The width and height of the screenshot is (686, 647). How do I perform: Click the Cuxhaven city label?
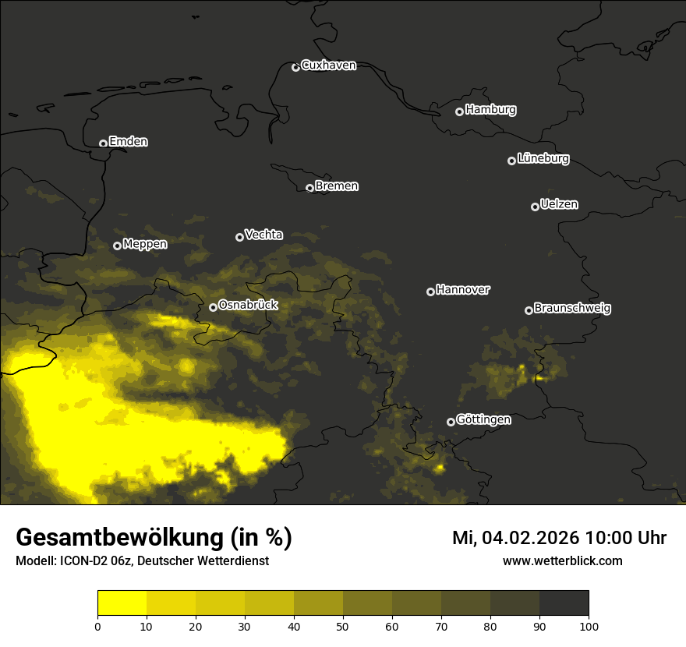point(328,65)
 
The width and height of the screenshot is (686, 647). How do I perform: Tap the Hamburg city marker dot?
point(459,111)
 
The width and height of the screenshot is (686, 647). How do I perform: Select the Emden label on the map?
point(128,142)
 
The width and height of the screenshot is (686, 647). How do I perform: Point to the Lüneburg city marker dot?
point(511,161)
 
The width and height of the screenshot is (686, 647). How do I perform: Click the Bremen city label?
point(337,186)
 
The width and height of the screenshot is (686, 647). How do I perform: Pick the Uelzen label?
point(559,204)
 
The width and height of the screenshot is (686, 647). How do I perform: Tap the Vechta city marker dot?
point(239,237)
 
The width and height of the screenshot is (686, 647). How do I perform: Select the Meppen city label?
point(145,244)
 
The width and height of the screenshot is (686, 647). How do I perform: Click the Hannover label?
point(463,290)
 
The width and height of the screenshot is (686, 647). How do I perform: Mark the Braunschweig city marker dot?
point(529,310)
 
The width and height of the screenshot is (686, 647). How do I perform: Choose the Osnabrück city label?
point(248,306)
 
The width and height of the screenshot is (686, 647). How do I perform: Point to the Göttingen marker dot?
point(451,422)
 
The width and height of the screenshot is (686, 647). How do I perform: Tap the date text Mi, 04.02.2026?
point(512,538)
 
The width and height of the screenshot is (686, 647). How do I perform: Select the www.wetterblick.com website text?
point(562,560)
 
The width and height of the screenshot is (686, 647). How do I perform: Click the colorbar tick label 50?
point(343,625)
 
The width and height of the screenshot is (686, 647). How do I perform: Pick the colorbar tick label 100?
point(589,625)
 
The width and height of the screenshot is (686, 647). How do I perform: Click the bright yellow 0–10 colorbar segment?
point(122,603)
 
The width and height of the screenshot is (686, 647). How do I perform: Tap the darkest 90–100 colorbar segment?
point(564,603)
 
